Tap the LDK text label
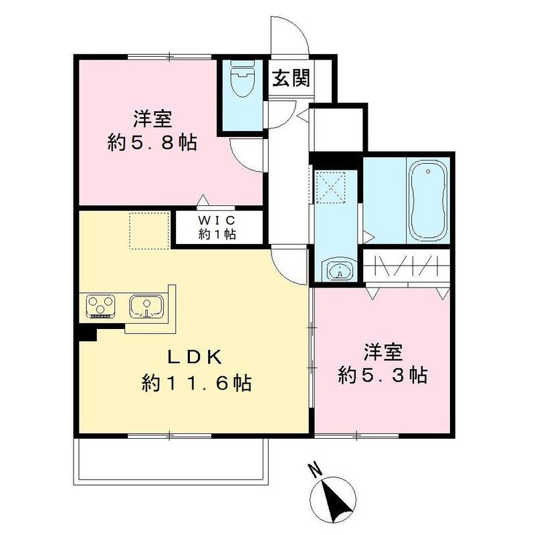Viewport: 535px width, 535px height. coord(194,356)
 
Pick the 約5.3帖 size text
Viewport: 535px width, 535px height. coord(383,375)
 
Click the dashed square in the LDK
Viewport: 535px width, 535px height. coord(148,231)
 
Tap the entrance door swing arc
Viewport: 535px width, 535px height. coord(289,33)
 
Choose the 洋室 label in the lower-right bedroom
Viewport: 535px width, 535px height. coord(383,351)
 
